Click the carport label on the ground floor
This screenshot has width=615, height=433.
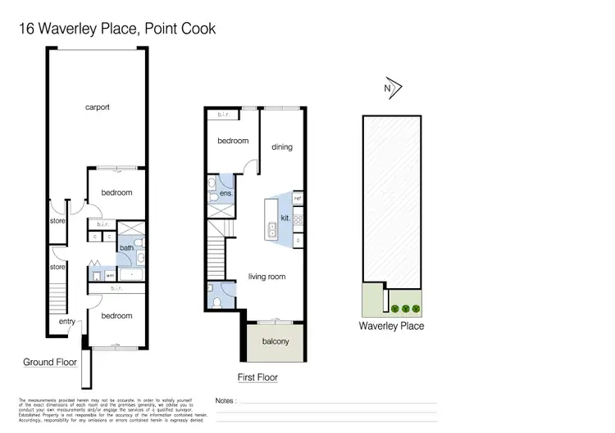coord(97,107)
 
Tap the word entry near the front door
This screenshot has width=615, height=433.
coord(66,321)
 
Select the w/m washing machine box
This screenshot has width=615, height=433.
coord(98,275)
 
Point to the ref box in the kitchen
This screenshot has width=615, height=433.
coord(298,198)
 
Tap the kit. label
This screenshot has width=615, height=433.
coord(285,219)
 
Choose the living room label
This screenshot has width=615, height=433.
coord(266,277)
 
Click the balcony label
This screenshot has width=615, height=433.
coord(275,341)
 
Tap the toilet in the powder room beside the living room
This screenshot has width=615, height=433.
coord(216,300)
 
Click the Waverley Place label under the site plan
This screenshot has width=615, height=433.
coord(391,326)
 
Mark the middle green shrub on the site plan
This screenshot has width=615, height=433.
coord(405,309)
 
